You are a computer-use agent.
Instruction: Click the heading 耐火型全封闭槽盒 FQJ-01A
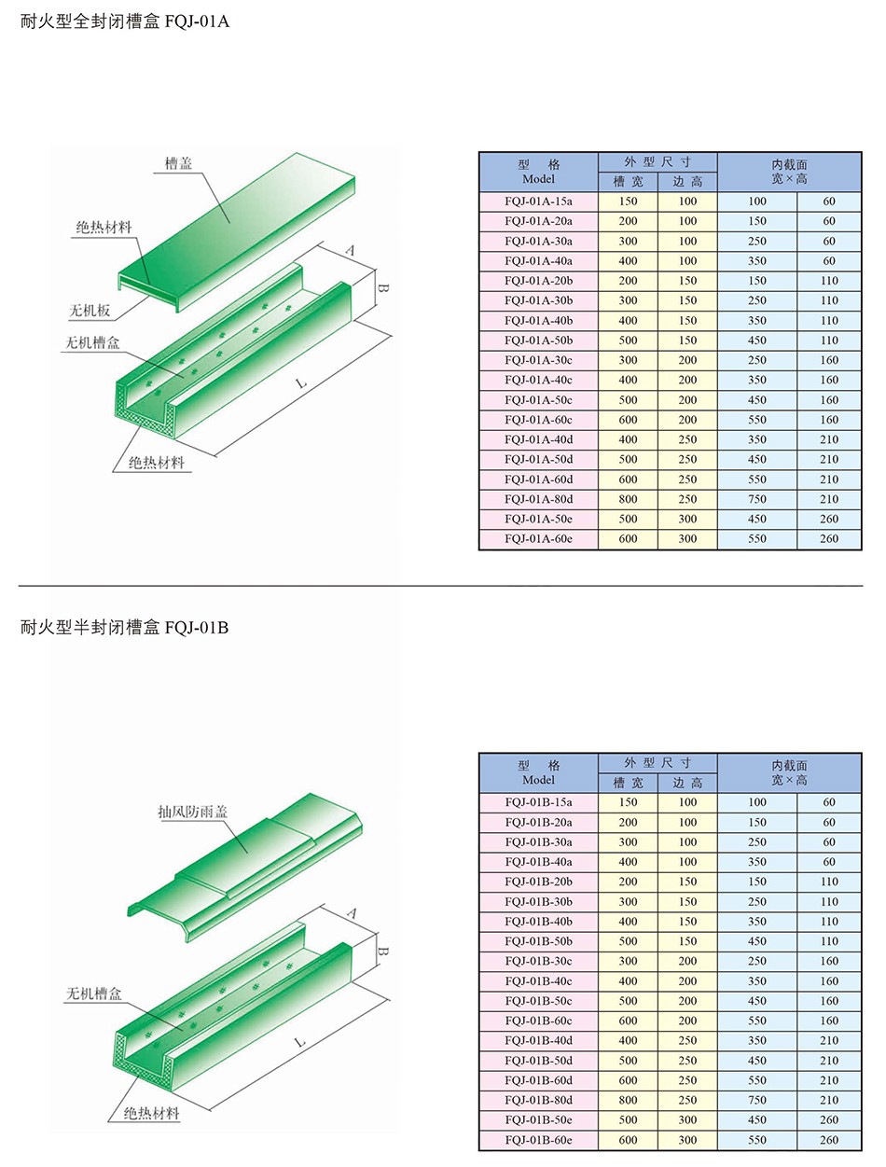point(124,21)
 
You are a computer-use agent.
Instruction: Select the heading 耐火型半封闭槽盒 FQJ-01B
point(124,628)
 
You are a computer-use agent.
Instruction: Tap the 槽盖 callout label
point(178,163)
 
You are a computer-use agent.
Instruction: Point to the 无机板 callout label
point(90,310)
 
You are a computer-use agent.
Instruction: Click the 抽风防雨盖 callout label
point(192,812)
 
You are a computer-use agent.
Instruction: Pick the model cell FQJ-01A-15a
point(538,201)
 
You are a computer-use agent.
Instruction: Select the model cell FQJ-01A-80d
point(538,499)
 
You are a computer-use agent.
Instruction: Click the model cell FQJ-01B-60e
point(538,1140)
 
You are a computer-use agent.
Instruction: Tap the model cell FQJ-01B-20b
point(538,882)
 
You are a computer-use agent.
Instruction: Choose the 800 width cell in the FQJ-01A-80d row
point(628,499)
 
